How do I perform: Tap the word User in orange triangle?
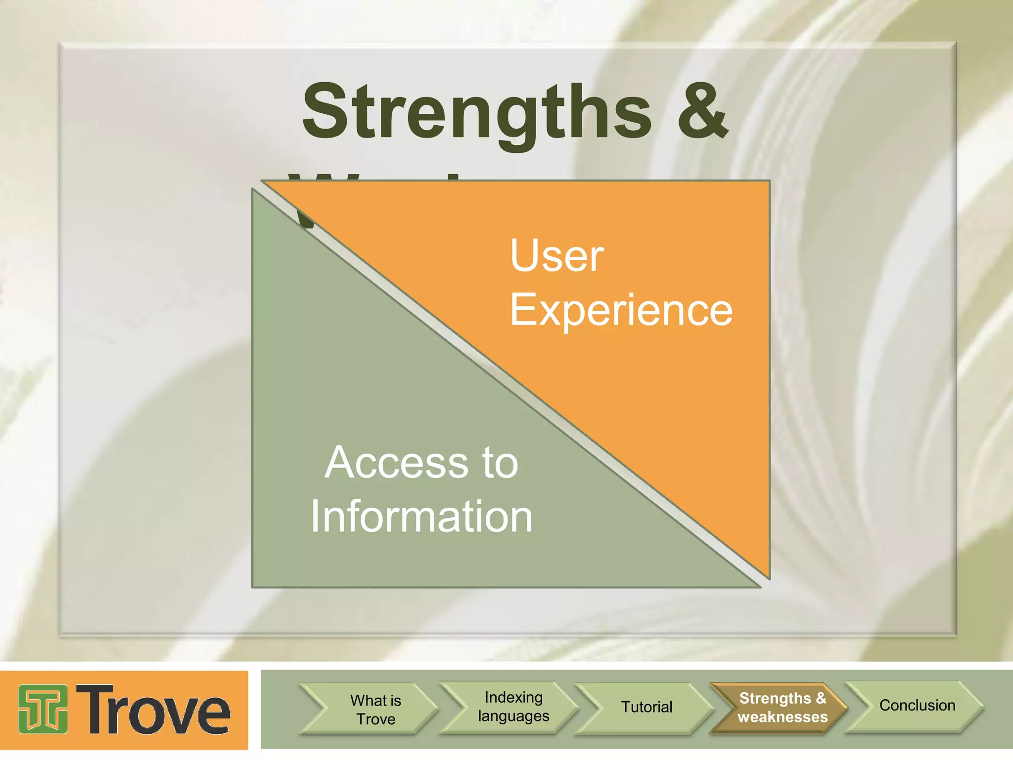pos(557,256)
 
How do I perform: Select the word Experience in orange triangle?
pos(621,310)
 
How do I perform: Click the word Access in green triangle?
pos(396,463)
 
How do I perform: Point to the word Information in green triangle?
pos(421,517)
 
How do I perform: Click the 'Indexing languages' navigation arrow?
pos(513,707)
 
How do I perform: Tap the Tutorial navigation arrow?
pos(646,707)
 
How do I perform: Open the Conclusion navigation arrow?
pos(917,706)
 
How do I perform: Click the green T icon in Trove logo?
pos(43,709)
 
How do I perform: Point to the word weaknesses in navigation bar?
pos(783,717)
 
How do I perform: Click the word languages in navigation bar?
pos(513,716)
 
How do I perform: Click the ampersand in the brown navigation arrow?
pos(821,698)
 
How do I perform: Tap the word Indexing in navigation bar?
pos(513,697)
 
